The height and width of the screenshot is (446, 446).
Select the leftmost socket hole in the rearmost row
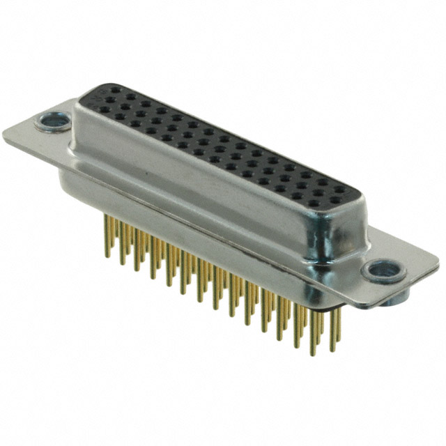(113, 92)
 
